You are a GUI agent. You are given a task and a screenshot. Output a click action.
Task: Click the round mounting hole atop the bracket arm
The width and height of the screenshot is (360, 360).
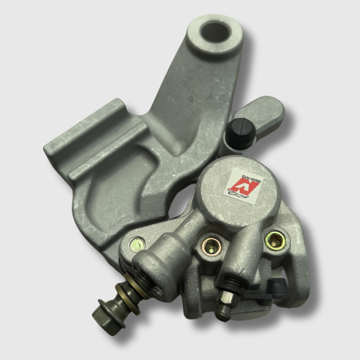[x=215, y=32]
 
